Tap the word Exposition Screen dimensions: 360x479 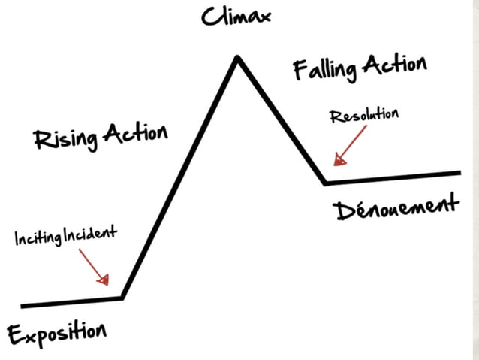point(57,330)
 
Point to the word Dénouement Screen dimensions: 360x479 point(395,210)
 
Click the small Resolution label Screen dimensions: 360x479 point(364,116)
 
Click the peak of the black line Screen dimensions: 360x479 point(237,57)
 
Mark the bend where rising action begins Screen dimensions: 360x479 point(122,298)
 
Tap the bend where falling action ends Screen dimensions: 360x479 point(325,182)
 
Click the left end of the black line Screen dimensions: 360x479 point(23,305)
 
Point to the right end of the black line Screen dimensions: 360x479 point(459,173)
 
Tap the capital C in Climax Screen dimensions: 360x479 point(209,17)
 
